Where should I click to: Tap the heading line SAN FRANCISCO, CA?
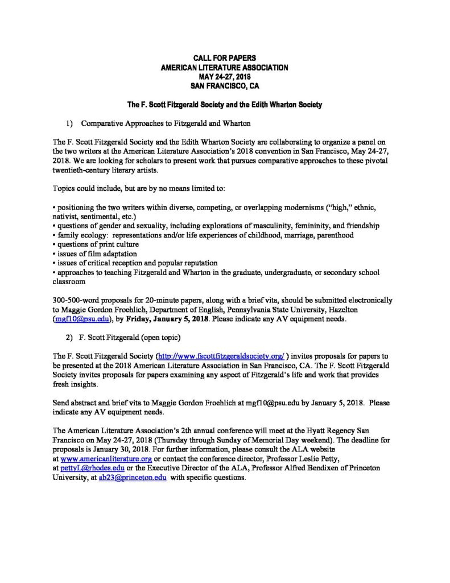pyautogui.click(x=225, y=86)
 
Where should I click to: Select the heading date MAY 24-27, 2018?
pyautogui.click(x=225, y=77)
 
